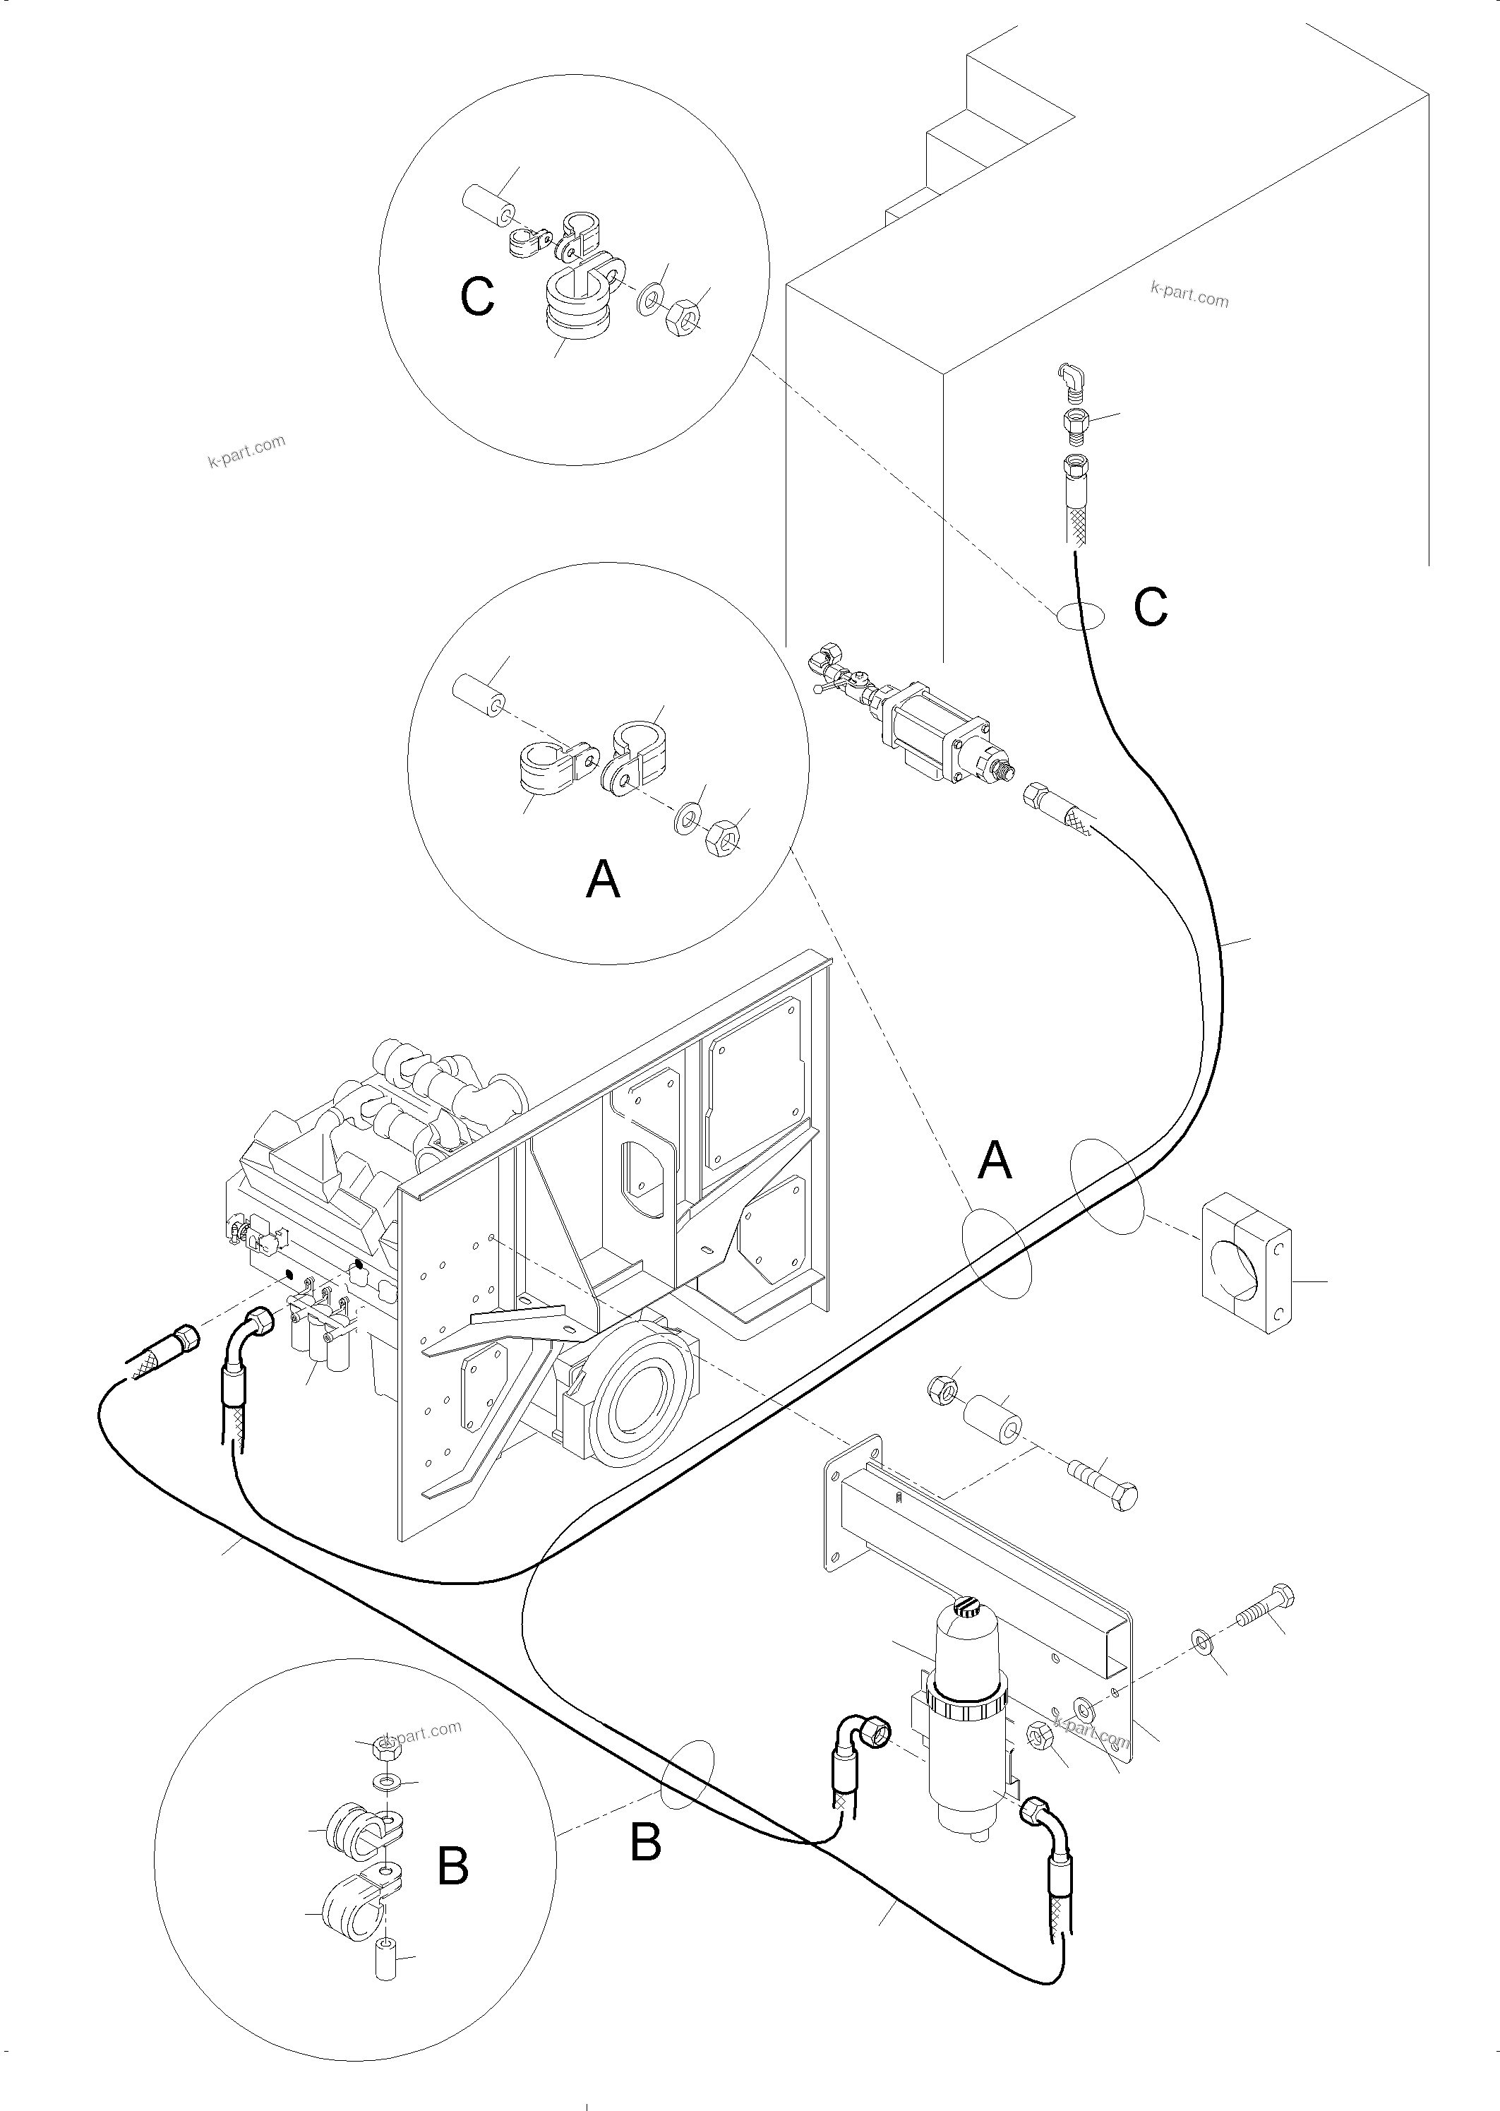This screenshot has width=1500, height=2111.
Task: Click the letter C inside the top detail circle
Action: point(477,297)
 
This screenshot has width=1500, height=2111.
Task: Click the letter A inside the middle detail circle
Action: point(603,878)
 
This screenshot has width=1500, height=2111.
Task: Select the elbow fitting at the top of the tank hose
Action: point(1069,378)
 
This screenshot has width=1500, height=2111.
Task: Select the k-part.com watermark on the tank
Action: point(1189,294)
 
